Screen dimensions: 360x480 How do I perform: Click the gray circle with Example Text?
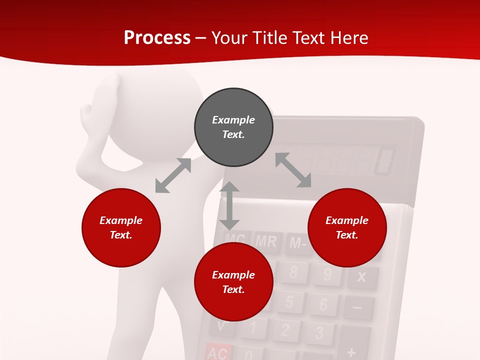click(x=233, y=127)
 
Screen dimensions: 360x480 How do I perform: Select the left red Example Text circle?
click(x=121, y=227)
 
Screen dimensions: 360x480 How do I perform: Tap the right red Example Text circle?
click(x=347, y=227)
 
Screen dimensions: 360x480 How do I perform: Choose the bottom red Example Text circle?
click(x=233, y=282)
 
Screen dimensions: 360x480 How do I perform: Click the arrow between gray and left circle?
click(x=173, y=175)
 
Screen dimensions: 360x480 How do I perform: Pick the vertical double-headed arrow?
click(x=229, y=205)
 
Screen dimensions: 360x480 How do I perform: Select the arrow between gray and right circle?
click(x=293, y=170)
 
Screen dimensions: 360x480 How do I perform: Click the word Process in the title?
click(x=157, y=37)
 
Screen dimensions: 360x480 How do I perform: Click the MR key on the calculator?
click(x=266, y=241)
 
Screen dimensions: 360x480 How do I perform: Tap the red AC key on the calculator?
click(x=218, y=352)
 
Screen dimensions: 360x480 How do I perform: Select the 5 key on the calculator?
click(x=289, y=301)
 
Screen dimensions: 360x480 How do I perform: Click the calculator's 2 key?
click(x=285, y=330)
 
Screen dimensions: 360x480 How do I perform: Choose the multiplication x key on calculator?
click(x=361, y=277)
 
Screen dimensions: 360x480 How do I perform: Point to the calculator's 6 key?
click(x=323, y=304)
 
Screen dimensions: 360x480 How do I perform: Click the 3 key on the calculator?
click(x=319, y=333)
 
